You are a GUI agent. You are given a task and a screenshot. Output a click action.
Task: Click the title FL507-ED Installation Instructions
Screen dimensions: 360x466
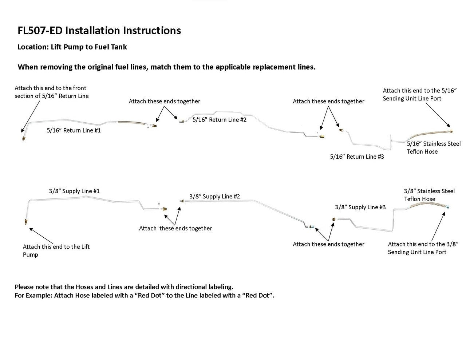click(x=99, y=31)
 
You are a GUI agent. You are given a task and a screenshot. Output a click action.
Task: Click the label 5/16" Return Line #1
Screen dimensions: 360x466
click(x=74, y=130)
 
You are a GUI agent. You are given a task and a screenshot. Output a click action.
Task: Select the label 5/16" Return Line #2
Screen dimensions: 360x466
click(x=219, y=119)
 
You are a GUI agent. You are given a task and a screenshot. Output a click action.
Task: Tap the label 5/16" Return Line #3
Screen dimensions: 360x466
click(x=357, y=157)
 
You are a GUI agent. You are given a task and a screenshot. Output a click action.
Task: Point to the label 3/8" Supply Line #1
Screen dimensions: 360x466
click(x=74, y=191)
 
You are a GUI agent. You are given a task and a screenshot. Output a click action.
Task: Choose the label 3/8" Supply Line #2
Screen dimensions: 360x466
click(x=214, y=197)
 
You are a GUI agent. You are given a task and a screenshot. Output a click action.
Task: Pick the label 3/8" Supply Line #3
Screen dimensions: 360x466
click(x=360, y=207)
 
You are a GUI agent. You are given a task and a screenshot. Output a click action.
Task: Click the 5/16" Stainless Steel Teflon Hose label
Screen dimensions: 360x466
click(x=433, y=148)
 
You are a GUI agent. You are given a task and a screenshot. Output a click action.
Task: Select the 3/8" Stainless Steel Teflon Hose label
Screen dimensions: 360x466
click(x=429, y=195)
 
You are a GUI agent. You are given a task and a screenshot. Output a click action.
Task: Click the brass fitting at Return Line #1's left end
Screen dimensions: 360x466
click(x=24, y=138)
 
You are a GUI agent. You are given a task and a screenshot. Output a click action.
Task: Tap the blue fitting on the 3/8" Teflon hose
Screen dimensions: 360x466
click(x=446, y=207)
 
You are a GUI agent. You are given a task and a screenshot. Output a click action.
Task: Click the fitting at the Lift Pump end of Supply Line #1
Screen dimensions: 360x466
click(x=25, y=221)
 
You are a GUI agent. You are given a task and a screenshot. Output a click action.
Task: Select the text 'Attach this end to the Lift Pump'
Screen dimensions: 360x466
click(x=56, y=250)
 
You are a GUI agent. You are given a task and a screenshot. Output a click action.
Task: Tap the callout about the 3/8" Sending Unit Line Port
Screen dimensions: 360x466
click(x=423, y=248)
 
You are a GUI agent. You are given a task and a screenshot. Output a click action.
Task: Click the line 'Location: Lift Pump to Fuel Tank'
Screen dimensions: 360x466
click(x=72, y=47)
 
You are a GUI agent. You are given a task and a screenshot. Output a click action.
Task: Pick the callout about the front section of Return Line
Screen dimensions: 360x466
click(x=51, y=92)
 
